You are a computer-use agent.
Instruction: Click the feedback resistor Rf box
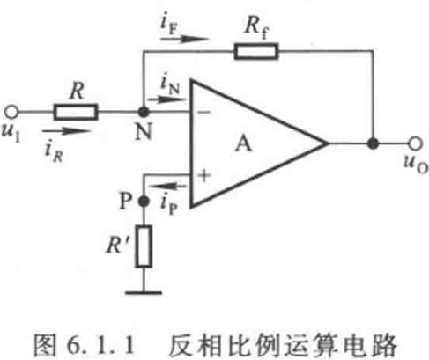pos(256,52)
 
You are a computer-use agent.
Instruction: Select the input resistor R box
pos(76,112)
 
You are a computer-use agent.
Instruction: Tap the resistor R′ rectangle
pos(144,246)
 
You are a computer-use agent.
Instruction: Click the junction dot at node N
pos(144,112)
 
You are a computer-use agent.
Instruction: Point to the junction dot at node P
pos(144,202)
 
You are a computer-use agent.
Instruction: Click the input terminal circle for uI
pos(11,112)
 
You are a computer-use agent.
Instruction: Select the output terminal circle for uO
pos(416,143)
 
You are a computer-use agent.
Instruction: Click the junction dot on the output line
pos(374,143)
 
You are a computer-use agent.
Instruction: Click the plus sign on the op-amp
pos(204,176)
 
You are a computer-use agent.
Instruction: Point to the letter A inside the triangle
pos(243,144)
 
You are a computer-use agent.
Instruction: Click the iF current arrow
pos(185,39)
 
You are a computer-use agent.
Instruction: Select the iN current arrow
pos(167,99)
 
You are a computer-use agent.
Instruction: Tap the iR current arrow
pos(67,131)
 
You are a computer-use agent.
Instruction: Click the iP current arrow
pos(167,186)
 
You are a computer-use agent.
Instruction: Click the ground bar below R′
pos(144,292)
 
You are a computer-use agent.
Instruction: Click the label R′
pos(117,245)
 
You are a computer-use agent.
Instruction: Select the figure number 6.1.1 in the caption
pos(100,345)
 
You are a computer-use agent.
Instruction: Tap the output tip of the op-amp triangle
pos(328,143)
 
